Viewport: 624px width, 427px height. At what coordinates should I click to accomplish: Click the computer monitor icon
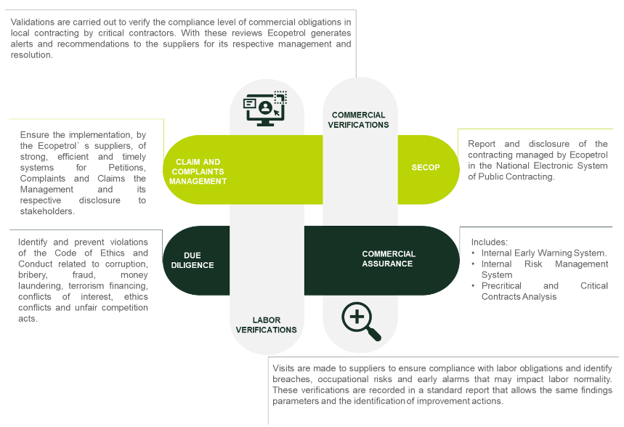point(265,109)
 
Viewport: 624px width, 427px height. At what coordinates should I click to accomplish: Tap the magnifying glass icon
point(361,321)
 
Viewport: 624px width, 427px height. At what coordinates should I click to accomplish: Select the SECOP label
point(426,168)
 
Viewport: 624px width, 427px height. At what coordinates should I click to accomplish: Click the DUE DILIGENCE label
point(193,260)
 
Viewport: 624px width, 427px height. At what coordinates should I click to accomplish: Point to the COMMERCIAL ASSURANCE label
point(389,259)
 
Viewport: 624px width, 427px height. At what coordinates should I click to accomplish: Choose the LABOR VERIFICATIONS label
point(266,325)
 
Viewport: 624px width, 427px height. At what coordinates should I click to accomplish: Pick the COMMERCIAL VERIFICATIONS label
point(358,120)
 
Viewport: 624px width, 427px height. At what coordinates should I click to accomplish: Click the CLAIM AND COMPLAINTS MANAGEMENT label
point(198,171)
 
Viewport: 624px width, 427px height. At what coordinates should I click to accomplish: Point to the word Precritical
point(501,285)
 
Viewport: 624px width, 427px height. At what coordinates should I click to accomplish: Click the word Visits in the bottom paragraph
point(283,368)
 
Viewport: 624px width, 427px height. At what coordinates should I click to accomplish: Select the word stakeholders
point(47,211)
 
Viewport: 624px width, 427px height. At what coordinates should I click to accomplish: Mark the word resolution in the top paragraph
point(32,55)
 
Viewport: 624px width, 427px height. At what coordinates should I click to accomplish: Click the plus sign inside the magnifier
point(357,317)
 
